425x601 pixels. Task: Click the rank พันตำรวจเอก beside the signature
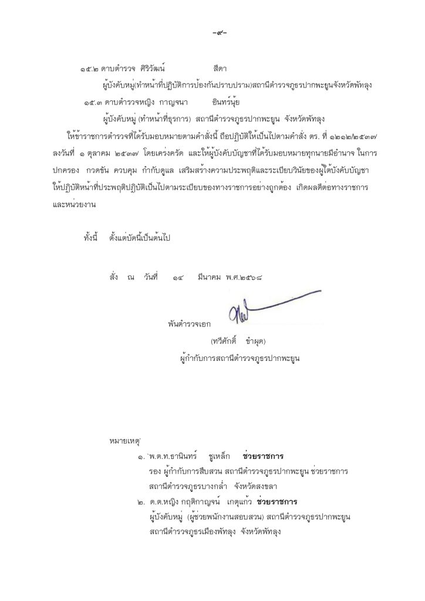click(188, 323)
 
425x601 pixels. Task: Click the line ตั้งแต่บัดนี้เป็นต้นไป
click(139, 239)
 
